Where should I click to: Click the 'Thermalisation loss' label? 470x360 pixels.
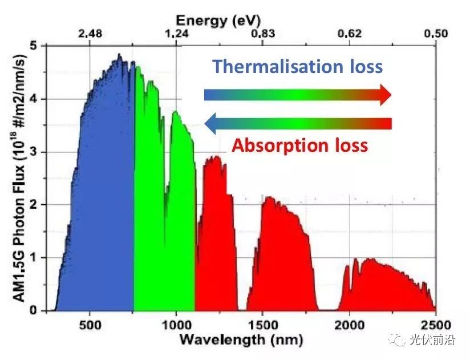click(297, 66)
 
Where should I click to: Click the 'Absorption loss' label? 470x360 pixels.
click(299, 145)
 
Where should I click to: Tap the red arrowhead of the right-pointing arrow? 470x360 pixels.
click(386, 95)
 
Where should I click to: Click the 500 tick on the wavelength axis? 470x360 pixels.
click(90, 325)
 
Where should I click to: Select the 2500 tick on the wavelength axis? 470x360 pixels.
click(435, 325)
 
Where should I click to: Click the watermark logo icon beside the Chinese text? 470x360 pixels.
click(397, 341)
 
